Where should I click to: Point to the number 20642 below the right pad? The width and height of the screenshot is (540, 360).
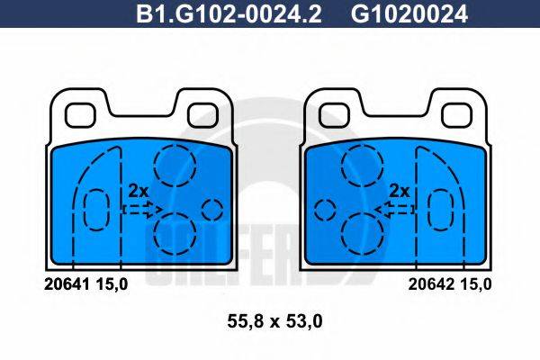point(420,283)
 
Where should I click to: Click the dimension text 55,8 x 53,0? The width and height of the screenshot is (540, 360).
point(268,320)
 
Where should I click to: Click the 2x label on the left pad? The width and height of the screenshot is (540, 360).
point(138,191)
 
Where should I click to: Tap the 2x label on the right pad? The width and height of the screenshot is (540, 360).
point(399,191)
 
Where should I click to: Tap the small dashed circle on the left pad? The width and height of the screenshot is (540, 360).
point(212,210)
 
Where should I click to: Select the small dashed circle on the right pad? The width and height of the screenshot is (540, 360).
point(323,210)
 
